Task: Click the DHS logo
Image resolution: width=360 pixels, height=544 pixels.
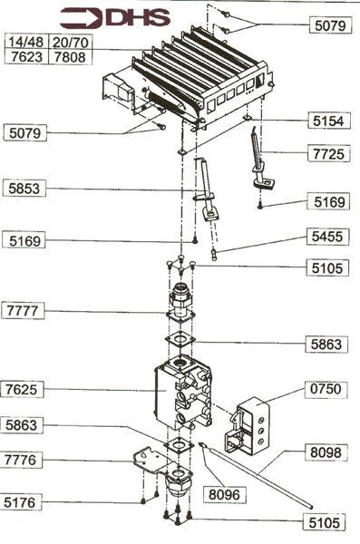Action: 115,18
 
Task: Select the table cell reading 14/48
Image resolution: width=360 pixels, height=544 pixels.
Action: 26,42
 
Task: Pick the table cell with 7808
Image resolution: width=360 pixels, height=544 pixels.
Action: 70,57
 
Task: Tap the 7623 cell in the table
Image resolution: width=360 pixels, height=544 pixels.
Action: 26,57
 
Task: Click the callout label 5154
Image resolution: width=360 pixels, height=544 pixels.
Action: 329,121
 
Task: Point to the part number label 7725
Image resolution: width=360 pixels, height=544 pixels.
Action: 329,153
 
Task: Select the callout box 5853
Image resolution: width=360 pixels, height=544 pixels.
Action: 24,189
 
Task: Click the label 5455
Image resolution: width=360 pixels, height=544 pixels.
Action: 327,237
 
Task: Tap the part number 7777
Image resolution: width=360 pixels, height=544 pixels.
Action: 23,310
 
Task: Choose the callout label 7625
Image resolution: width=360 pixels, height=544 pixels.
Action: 22,389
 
